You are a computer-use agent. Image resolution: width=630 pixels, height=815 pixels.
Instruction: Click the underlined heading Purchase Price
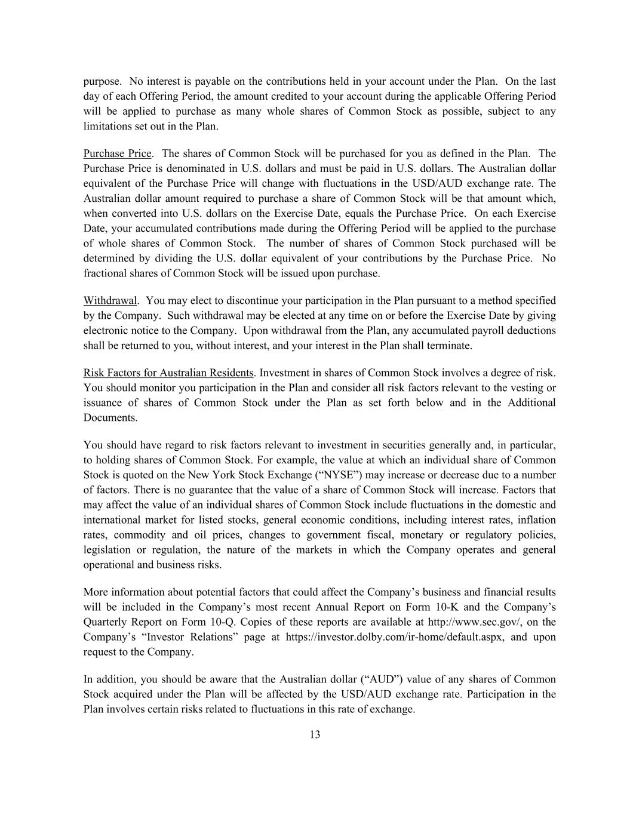[118, 153]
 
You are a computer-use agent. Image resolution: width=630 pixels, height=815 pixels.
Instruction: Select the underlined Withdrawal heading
[110, 300]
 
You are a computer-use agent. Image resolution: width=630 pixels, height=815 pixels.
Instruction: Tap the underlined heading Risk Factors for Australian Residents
[168, 373]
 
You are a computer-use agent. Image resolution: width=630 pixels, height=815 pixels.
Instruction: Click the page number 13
[315, 734]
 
